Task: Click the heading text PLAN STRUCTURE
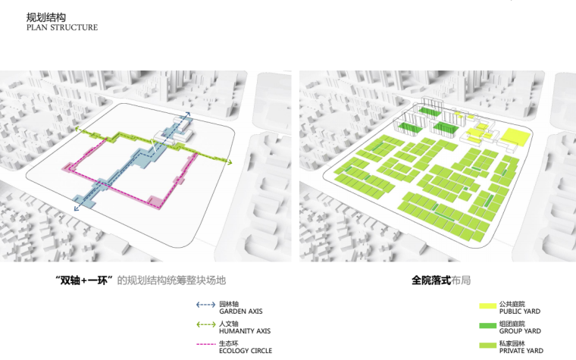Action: [x=61, y=28]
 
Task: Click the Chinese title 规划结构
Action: [x=41, y=17]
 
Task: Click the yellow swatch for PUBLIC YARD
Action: [x=487, y=306]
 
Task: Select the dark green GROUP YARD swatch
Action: [x=487, y=326]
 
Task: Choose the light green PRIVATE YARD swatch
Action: [x=487, y=346]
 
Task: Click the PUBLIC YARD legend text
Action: [x=520, y=311]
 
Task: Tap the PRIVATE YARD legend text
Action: [x=521, y=351]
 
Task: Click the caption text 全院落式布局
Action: [x=441, y=280]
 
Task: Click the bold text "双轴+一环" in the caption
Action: [x=86, y=280]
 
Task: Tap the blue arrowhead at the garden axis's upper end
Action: [x=186, y=111]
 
